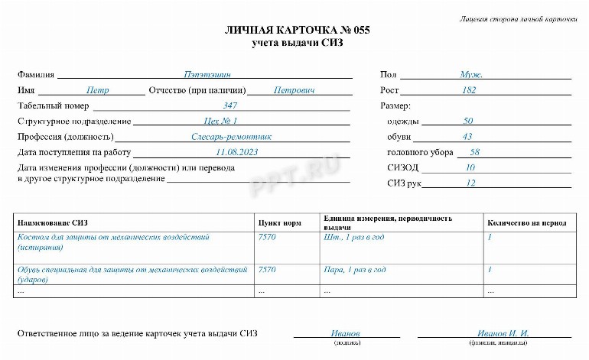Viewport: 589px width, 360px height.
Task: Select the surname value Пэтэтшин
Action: click(x=207, y=75)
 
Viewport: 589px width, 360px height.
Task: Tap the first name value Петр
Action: click(x=97, y=90)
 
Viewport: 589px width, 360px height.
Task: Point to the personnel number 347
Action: click(x=230, y=105)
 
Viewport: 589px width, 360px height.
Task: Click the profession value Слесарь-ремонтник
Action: click(x=231, y=137)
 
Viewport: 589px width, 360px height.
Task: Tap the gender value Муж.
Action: click(x=471, y=75)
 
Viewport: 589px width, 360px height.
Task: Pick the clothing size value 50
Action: click(x=468, y=121)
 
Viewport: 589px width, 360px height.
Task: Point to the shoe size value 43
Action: click(x=467, y=137)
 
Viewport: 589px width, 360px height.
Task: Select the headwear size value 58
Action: click(x=474, y=152)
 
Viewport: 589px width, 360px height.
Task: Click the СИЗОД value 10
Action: click(x=470, y=167)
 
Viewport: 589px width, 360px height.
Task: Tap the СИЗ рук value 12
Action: click(x=470, y=183)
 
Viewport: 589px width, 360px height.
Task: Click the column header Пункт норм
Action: click(x=280, y=223)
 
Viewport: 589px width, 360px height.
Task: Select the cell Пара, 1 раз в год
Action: click(x=355, y=270)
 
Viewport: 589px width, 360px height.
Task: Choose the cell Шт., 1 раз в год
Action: click(x=353, y=237)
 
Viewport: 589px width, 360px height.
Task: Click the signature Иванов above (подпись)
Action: click(x=345, y=334)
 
